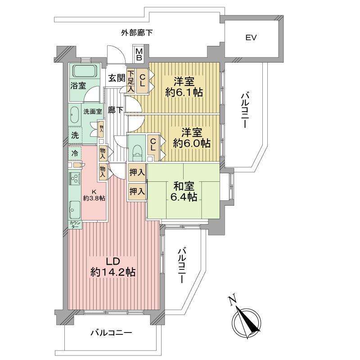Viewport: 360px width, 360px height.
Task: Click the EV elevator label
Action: tap(251, 38)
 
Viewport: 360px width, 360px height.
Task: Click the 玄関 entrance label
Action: tap(116, 78)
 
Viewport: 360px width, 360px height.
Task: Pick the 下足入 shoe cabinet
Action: tap(130, 81)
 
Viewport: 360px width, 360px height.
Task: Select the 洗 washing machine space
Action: tap(75, 135)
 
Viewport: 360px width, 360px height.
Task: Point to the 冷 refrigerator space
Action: tap(75, 153)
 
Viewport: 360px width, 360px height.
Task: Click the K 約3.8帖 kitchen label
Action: tap(94, 194)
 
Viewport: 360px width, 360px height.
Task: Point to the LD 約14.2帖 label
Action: tap(113, 267)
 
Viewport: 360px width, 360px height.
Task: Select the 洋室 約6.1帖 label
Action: tap(184, 87)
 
